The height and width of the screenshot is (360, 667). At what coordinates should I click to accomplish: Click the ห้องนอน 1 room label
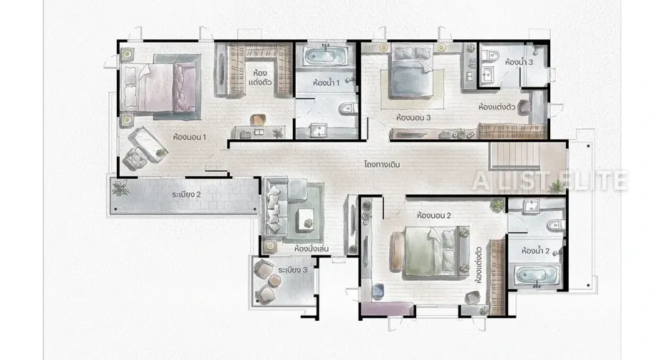(190, 137)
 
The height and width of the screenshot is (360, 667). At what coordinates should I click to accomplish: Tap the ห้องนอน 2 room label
(434, 215)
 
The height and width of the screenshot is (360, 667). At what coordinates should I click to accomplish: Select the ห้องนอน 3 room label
(413, 118)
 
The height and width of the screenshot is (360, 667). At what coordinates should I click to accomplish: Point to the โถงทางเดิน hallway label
(382, 164)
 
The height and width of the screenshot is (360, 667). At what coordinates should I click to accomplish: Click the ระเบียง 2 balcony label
(186, 195)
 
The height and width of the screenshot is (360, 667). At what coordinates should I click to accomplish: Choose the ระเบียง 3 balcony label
(293, 269)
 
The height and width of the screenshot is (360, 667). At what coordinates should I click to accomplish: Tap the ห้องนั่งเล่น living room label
(311, 249)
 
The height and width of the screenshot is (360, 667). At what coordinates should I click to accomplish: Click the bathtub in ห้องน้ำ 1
(325, 56)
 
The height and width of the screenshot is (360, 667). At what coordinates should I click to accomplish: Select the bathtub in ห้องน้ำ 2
(537, 275)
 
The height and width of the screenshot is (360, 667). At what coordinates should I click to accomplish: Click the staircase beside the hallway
(515, 155)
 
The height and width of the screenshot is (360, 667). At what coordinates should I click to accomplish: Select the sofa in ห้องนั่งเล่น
(284, 207)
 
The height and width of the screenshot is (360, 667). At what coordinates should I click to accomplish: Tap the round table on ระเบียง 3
(275, 279)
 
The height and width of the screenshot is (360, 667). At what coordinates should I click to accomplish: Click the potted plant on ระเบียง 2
(120, 187)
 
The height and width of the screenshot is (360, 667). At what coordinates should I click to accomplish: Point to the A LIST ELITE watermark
(549, 180)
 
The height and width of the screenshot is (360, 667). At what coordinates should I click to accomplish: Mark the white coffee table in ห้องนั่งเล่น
(306, 219)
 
